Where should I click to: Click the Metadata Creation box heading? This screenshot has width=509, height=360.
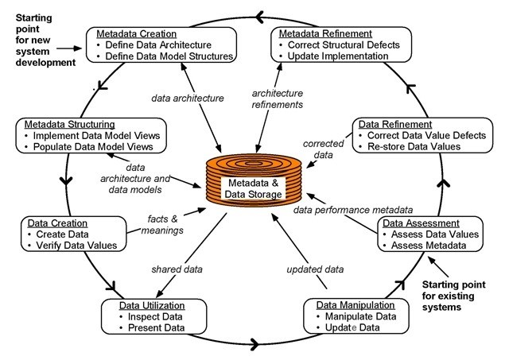point(137,34)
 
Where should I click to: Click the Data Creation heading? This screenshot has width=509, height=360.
point(57,223)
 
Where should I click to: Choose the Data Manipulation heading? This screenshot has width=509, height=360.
point(356,305)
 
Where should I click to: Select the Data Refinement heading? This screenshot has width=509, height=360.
point(395,125)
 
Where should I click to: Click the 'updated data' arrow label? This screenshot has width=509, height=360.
point(315,269)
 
